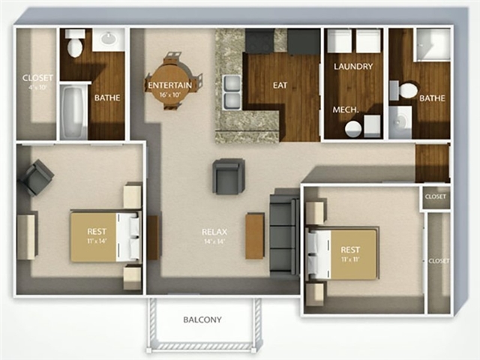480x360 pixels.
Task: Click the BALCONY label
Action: click(x=202, y=319)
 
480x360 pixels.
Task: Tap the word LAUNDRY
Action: click(x=353, y=67)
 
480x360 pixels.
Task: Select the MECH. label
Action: click(x=345, y=109)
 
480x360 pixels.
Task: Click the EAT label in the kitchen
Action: click(x=280, y=85)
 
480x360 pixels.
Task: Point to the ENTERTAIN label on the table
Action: click(x=169, y=85)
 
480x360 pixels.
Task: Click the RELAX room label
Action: click(x=214, y=232)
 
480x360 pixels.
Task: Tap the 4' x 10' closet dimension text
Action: click(x=35, y=87)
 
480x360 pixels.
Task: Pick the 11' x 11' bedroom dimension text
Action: click(x=350, y=259)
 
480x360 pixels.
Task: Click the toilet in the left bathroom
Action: click(x=74, y=46)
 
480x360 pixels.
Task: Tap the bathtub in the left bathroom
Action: click(x=74, y=113)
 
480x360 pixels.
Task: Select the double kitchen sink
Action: click(x=232, y=90)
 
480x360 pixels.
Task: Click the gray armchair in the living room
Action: click(x=228, y=176)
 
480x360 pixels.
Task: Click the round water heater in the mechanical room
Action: click(x=352, y=128)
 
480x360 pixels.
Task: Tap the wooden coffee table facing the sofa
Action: click(x=254, y=235)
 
